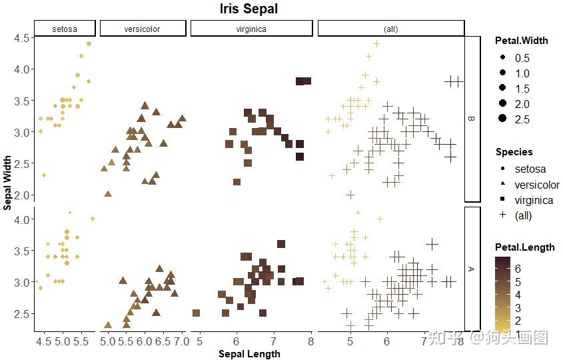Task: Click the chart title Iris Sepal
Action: coord(249,9)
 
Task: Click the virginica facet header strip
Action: coord(251,29)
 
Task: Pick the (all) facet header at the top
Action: coord(390,29)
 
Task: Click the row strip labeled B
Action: coord(472,119)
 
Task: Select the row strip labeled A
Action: coord(472,268)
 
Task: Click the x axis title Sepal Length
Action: coord(249,354)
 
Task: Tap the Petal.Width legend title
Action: coord(522,41)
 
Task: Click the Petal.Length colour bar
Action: coord(502,291)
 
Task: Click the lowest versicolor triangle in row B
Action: coord(108,193)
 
